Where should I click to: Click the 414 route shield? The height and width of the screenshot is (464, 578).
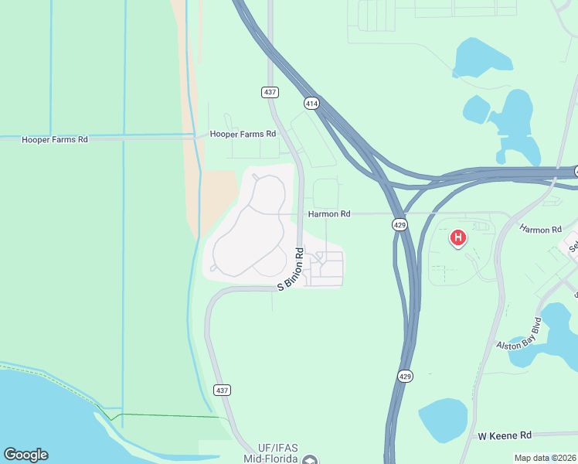point(311,103)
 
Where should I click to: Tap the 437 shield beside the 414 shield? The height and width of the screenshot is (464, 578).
point(269,92)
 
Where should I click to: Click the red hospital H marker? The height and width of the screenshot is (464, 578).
point(458,238)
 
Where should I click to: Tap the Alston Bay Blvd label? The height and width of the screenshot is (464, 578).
point(520,333)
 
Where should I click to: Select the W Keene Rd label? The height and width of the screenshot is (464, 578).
point(505,436)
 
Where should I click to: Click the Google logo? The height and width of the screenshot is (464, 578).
point(25,455)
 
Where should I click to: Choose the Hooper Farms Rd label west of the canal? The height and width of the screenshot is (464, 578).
point(55,139)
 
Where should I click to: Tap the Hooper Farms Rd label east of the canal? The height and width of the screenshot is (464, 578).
point(243,134)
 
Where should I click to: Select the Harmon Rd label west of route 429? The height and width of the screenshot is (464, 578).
point(329,213)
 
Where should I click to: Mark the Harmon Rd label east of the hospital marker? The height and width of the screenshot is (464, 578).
point(540,230)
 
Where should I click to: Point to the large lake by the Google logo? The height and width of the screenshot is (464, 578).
point(46,418)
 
